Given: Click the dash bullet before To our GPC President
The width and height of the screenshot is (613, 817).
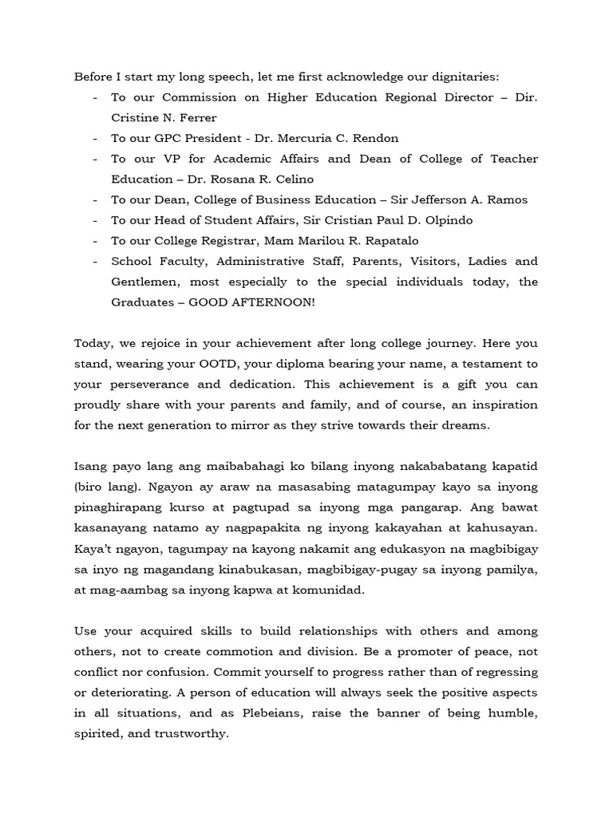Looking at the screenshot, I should click(96, 138).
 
